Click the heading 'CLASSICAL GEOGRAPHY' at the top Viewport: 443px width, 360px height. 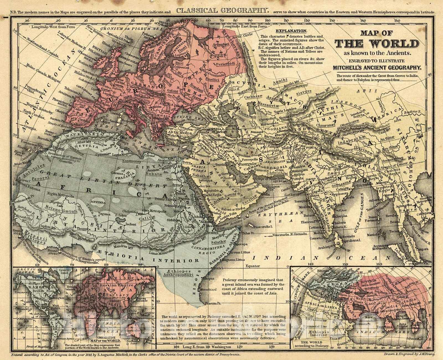point(222,11)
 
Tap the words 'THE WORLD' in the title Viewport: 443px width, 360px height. point(377,44)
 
